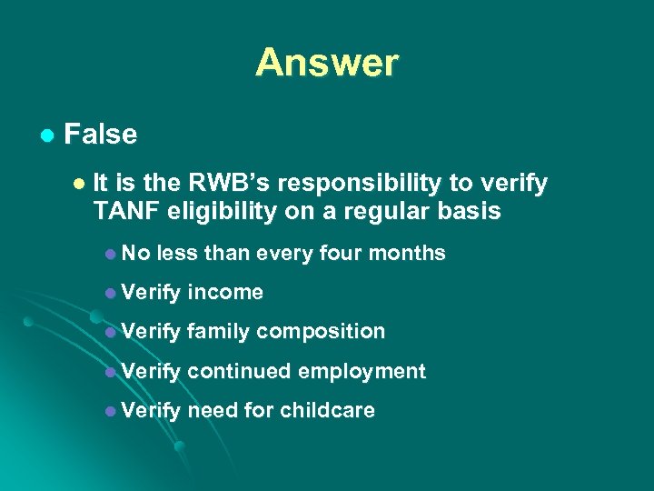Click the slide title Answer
[x=327, y=62]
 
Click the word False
[x=101, y=135]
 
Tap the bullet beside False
[x=45, y=135]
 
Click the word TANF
[x=124, y=212]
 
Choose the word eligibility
[x=221, y=212]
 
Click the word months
[x=414, y=253]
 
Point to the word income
[x=225, y=292]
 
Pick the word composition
[x=321, y=332]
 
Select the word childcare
[x=327, y=410]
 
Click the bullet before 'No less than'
[x=108, y=254]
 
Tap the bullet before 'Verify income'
[x=108, y=293]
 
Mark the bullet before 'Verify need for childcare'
[x=108, y=411]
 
